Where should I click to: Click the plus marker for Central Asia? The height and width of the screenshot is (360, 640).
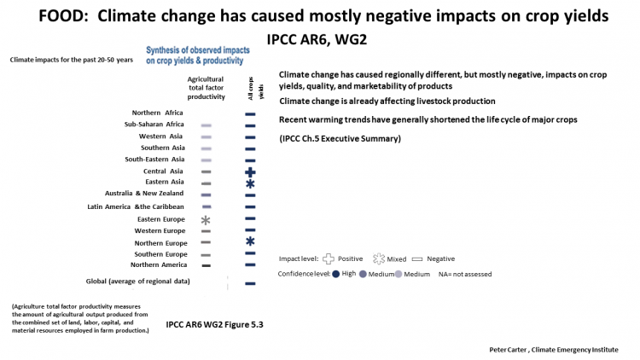[250, 172]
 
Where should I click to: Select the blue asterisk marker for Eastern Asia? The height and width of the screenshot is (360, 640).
[250, 183]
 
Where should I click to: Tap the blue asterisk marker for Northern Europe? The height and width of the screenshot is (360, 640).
[250, 241]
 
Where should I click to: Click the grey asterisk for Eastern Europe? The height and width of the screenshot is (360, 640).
[206, 220]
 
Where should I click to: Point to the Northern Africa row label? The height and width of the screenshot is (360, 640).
[157, 113]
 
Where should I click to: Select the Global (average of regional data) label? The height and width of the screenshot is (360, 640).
[137, 282]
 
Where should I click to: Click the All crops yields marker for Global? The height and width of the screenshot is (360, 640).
[250, 283]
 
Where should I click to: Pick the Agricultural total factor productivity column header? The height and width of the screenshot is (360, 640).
[207, 88]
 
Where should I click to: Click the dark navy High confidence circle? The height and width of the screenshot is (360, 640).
[336, 274]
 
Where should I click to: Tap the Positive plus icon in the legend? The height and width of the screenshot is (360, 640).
[329, 258]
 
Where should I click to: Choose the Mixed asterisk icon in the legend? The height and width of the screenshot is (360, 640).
[379, 258]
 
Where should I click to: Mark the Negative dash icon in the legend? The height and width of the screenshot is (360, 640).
[417, 259]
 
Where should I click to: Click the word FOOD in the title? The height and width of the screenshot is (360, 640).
[66, 16]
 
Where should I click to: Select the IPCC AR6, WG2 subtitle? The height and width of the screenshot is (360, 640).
[317, 39]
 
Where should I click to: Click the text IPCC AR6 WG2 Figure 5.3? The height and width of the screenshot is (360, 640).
[214, 325]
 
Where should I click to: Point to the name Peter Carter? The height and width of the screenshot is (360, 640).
[508, 350]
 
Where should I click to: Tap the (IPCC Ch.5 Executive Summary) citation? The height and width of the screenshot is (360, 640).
[340, 139]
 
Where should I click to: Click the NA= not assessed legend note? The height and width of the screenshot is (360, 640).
[465, 275]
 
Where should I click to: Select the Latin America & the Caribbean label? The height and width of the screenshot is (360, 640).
[136, 207]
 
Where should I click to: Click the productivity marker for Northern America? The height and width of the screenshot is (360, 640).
[207, 265]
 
